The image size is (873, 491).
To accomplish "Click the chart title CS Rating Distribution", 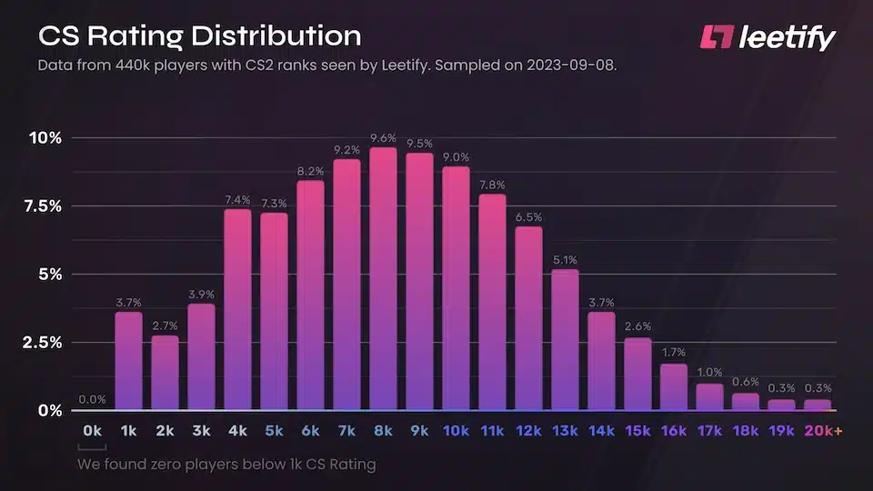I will tap(199, 36).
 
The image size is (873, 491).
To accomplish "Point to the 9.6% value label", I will tap(383, 138).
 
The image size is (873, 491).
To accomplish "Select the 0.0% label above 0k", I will tap(92, 398).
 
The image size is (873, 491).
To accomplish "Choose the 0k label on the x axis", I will tap(92, 429).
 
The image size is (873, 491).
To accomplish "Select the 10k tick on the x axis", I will tap(456, 429).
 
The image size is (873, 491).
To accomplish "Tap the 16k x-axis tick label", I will tap(674, 429).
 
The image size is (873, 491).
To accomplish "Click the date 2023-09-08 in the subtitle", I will tap(573, 66).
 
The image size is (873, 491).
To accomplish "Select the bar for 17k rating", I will tap(710, 396).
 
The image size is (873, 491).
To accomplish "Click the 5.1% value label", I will tap(565, 260).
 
